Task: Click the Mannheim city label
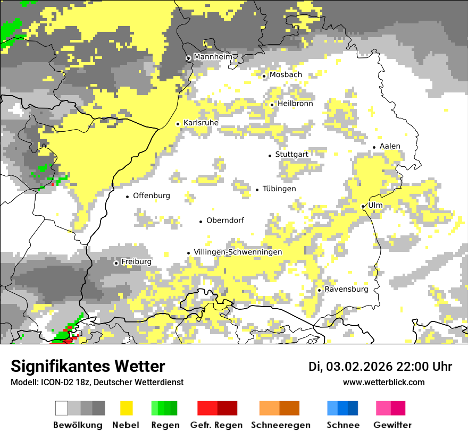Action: [x=213, y=57]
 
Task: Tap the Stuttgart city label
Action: [x=291, y=155]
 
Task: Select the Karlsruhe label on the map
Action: [x=201, y=123]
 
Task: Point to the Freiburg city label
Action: [x=136, y=262]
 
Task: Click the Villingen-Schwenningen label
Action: [x=238, y=252]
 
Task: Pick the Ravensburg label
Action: [x=346, y=290]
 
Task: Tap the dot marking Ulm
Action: [x=363, y=206]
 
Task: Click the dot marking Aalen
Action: [x=374, y=147]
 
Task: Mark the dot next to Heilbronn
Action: [x=272, y=105]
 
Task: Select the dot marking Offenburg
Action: [x=128, y=197]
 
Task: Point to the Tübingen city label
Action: [x=279, y=189]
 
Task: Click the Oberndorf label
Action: [x=225, y=220]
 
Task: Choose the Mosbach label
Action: [x=286, y=75]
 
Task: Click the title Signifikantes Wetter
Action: [x=88, y=367]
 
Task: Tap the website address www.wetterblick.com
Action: [x=383, y=383]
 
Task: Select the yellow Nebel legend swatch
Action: [x=127, y=408]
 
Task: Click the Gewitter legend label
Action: [x=392, y=425]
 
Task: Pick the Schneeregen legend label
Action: [x=281, y=425]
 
